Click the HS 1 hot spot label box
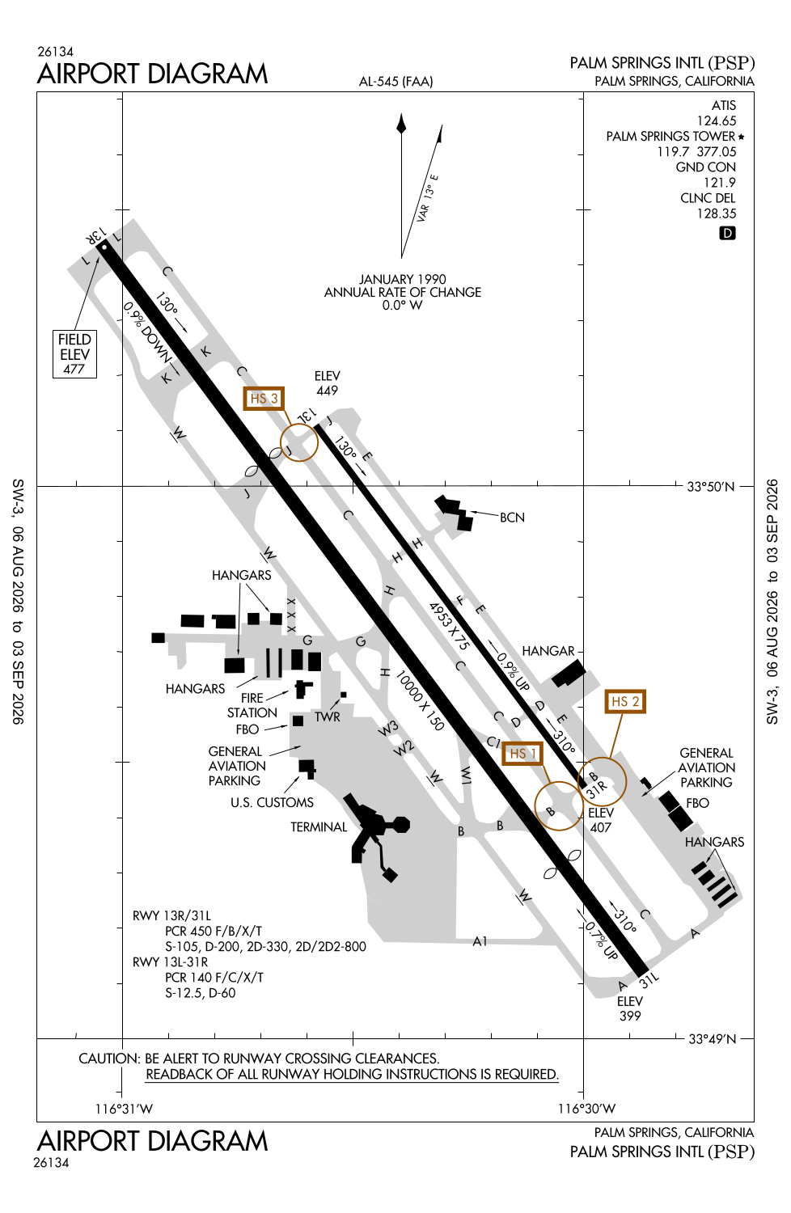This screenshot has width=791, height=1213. tap(522, 753)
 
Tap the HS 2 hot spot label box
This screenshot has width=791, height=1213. tap(624, 701)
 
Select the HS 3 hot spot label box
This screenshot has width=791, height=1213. tap(264, 399)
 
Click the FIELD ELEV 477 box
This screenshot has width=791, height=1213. tap(74, 354)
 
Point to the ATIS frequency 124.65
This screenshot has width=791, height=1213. tap(717, 120)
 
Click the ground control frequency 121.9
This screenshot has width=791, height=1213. tap(720, 183)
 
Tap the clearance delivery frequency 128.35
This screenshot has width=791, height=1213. tap(717, 213)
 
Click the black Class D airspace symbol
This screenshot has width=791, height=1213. tap(727, 234)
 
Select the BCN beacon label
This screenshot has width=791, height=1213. tap(512, 518)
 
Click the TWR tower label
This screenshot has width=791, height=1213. tap(328, 717)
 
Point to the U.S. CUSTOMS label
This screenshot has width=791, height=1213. tap(272, 802)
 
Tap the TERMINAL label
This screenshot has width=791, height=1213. tap(319, 827)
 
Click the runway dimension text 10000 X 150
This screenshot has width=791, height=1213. tap(420, 700)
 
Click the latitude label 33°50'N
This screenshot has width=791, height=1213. tap(711, 487)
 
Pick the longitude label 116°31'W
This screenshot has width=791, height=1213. tap(124, 1109)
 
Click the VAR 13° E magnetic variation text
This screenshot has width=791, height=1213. tap(428, 198)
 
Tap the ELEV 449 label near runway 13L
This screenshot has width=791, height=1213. tap(328, 382)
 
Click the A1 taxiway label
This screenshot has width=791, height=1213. tap(480, 942)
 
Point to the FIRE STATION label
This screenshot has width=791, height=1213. tap(252, 705)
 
